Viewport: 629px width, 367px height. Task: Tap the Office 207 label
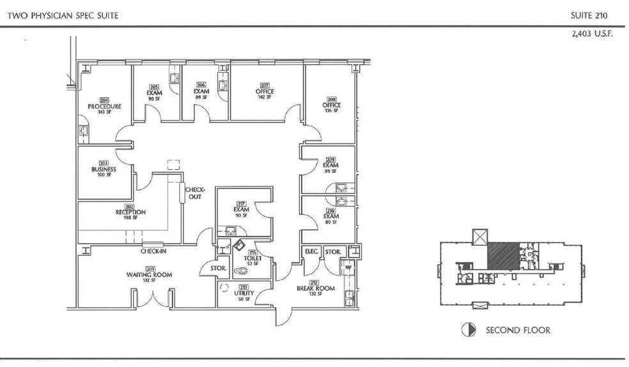(x=265, y=91)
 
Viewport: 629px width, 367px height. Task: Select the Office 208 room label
(x=332, y=105)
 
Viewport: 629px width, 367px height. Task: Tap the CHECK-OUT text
(x=194, y=193)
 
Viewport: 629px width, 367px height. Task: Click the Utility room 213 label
(x=244, y=292)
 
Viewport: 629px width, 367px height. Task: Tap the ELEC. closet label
(x=311, y=251)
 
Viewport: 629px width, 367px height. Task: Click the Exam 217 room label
(x=240, y=209)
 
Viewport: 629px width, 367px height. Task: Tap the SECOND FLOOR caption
(x=518, y=331)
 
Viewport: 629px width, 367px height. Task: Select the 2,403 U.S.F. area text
(x=591, y=34)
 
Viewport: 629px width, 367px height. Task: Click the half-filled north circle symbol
(x=467, y=330)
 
